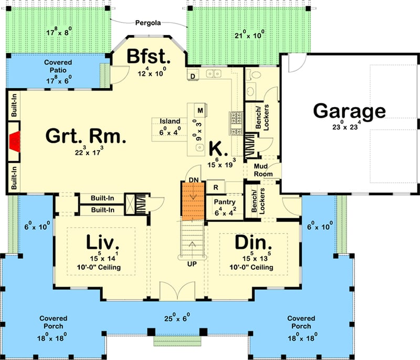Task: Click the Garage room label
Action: (x=349, y=111)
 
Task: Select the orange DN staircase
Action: (x=192, y=201)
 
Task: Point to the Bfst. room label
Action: (x=147, y=56)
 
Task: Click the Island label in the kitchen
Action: (x=170, y=121)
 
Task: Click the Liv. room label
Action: (x=103, y=243)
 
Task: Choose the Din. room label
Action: (x=254, y=243)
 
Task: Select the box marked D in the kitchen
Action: (x=193, y=77)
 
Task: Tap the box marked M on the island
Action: (x=200, y=111)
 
